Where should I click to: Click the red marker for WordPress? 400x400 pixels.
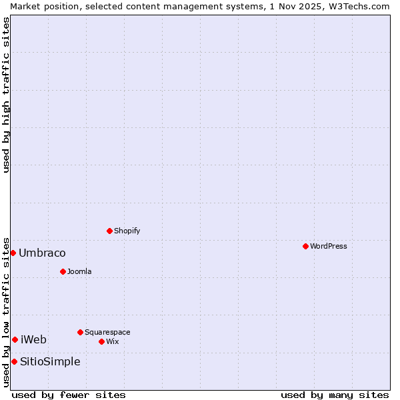305,246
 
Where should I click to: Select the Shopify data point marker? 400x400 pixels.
109,231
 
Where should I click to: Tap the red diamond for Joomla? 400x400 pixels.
63,271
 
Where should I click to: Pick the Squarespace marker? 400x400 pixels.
80,332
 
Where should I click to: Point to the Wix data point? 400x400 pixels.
101,341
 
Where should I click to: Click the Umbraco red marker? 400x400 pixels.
13,253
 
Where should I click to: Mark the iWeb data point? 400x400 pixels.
15,339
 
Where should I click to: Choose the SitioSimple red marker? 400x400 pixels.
14,361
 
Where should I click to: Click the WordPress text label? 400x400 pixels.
329,246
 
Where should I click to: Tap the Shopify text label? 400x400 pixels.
127,231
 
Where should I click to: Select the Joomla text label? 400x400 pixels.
79,271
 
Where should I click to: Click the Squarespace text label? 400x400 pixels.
107,332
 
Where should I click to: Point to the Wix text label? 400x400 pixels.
113,341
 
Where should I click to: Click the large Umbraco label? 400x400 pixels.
42,253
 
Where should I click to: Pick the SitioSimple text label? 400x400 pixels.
50,361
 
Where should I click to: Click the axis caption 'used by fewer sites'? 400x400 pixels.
69,395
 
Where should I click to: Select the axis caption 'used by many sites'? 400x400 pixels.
335,395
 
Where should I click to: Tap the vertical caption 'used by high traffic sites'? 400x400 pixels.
6,95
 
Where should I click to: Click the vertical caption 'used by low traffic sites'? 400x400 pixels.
6,311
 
